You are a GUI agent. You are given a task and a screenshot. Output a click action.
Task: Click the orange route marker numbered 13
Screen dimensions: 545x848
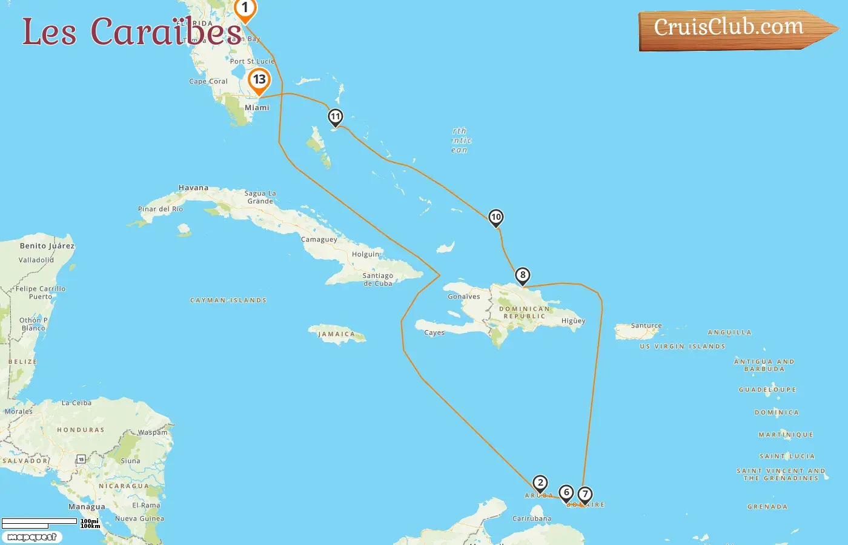(259, 80)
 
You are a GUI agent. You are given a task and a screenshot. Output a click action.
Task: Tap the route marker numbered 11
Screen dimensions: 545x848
(335, 117)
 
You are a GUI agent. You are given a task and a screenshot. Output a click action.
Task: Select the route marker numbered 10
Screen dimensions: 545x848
(495, 217)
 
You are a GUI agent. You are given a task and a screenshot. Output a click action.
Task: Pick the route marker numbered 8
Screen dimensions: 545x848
(522, 276)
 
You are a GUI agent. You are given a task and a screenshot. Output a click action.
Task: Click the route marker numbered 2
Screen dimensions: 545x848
(540, 483)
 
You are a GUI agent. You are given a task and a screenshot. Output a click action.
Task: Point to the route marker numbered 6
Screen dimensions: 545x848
(566, 493)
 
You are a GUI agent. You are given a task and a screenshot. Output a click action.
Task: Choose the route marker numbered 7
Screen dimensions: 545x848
(585, 495)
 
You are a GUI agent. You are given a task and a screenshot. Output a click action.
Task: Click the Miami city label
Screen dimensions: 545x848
(257, 108)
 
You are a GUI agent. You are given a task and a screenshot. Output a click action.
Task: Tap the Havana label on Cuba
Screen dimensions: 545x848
(193, 188)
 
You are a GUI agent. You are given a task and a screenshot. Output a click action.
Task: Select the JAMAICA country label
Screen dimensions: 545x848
(337, 334)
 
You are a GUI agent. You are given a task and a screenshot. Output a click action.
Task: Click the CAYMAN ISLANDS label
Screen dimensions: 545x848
(228, 300)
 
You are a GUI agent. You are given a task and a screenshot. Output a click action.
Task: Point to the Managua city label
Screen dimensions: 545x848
(87, 507)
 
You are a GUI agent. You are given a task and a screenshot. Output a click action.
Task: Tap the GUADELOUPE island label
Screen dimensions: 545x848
(767, 390)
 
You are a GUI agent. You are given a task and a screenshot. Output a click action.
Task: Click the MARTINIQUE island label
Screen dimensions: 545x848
(786, 435)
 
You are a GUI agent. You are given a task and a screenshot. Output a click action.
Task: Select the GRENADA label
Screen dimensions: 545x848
(767, 507)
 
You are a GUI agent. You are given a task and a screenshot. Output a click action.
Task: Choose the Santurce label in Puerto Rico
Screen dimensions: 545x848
(646, 326)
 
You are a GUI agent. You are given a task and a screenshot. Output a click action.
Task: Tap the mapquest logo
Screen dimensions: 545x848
(31, 537)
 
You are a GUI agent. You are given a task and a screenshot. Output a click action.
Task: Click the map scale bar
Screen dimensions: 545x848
(40, 522)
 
